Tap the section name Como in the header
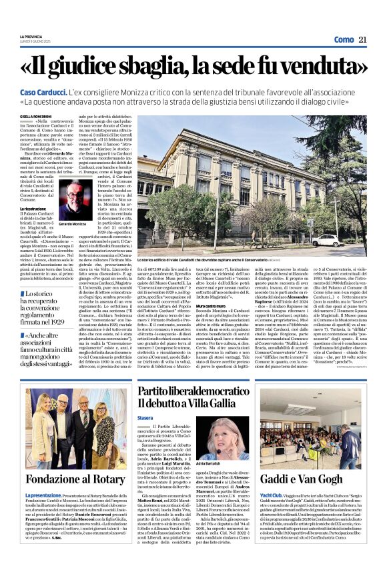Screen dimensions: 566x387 pos(344,40)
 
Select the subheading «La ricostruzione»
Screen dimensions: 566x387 pos(33,209)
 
